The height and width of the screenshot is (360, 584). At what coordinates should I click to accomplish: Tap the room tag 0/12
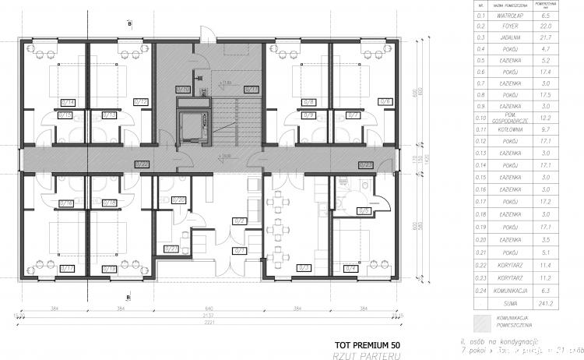(141, 101)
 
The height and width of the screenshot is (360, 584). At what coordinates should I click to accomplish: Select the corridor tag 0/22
(142, 164)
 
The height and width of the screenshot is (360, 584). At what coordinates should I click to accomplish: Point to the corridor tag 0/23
(364, 164)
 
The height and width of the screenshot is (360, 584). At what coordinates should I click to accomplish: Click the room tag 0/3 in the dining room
(304, 268)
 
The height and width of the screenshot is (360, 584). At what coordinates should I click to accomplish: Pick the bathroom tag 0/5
(363, 210)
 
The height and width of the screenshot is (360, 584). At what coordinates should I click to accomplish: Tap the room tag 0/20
(178, 200)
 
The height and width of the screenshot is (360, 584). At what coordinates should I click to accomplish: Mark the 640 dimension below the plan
(209, 309)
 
